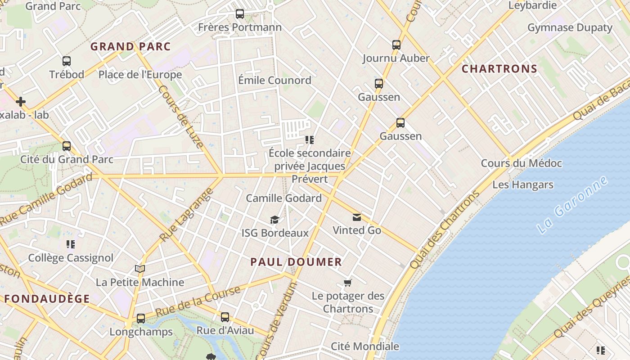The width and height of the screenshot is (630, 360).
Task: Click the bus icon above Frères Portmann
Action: click(x=240, y=14)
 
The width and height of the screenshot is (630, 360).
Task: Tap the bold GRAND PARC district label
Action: click(x=130, y=46)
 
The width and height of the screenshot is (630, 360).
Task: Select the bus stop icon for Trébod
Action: click(x=67, y=61)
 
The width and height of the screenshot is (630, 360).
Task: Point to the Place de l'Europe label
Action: click(x=140, y=75)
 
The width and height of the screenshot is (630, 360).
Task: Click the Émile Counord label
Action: click(x=274, y=81)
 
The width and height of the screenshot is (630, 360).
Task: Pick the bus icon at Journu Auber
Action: click(x=396, y=45)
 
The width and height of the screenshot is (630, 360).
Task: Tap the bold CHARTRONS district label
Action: click(x=499, y=69)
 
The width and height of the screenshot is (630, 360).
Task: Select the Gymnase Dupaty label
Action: click(x=570, y=28)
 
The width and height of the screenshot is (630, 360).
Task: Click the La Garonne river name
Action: click(x=572, y=205)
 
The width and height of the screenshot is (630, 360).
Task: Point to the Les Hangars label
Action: click(x=522, y=184)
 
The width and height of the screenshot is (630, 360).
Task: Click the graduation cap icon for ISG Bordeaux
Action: click(x=274, y=220)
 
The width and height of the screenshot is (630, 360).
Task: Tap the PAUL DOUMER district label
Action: click(x=296, y=262)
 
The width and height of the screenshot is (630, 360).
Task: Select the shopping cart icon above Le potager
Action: click(x=347, y=283)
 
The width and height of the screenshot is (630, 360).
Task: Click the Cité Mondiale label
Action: click(x=364, y=346)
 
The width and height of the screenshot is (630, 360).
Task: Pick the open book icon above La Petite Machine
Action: click(x=140, y=269)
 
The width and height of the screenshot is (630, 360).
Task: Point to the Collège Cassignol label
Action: click(x=71, y=258)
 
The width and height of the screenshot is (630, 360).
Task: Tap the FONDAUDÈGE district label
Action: click(x=47, y=298)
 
